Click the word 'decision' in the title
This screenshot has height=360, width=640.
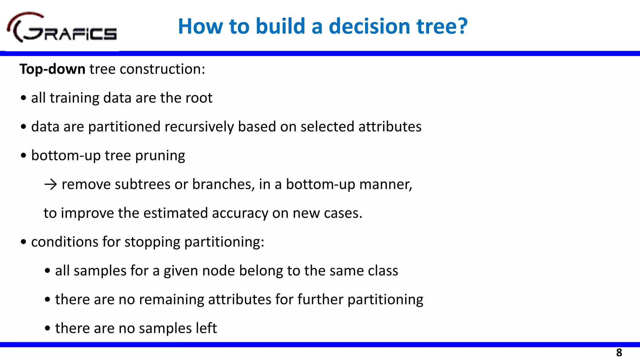370,26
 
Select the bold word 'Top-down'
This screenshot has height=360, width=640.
52,69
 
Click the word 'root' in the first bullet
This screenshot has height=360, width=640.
199,98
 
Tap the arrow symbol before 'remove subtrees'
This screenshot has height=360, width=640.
50,184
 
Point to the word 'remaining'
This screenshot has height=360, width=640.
172,300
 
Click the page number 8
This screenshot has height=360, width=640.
619,353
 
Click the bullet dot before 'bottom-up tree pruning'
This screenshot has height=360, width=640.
23,156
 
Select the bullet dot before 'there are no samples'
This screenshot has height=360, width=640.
47,328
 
